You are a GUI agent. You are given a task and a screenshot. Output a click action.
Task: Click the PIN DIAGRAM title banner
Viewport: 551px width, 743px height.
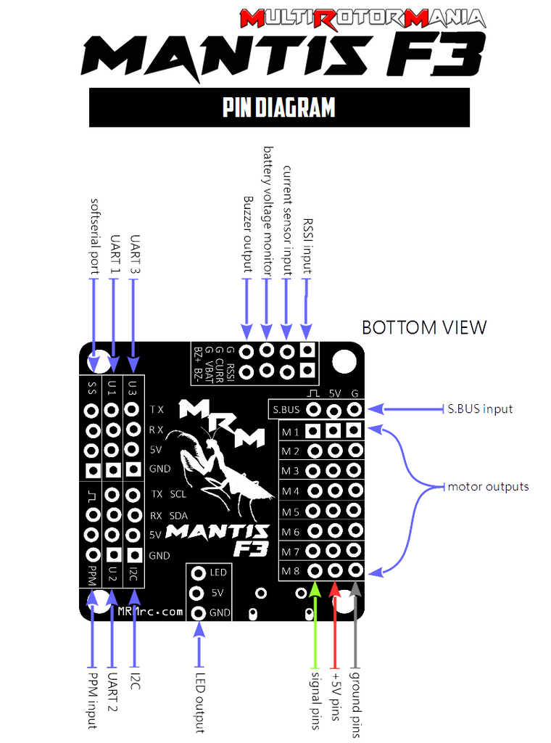click(279, 107)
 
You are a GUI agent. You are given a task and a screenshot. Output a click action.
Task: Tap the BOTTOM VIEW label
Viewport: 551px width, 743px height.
click(424, 327)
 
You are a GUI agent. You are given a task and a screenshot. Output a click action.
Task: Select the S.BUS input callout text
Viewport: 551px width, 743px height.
click(479, 409)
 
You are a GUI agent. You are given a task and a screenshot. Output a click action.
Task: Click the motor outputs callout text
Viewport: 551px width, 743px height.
click(488, 486)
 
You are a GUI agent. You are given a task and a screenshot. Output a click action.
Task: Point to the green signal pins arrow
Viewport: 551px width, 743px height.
click(315, 624)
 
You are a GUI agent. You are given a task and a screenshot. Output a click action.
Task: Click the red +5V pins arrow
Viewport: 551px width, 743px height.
click(334, 624)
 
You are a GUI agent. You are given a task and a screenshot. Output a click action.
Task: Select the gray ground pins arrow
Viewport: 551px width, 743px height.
click(355, 624)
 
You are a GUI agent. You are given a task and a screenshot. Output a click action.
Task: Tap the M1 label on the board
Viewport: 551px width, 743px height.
click(291, 432)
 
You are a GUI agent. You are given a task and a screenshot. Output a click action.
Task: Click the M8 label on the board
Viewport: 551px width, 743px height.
click(291, 570)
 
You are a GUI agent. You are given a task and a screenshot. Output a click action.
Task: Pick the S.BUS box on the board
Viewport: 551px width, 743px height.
click(286, 409)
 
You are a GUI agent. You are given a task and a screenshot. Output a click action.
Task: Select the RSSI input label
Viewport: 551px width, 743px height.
click(307, 246)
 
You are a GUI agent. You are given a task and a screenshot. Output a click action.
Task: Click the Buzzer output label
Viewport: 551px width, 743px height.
click(247, 234)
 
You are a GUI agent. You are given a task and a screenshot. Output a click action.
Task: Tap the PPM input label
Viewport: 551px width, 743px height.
click(93, 700)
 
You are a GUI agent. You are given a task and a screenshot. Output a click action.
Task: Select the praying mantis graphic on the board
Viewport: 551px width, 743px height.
click(217, 464)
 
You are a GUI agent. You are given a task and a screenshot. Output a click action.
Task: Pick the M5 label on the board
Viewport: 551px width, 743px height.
click(291, 512)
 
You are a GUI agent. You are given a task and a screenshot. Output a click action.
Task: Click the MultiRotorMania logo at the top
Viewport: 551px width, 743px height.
click(362, 18)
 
